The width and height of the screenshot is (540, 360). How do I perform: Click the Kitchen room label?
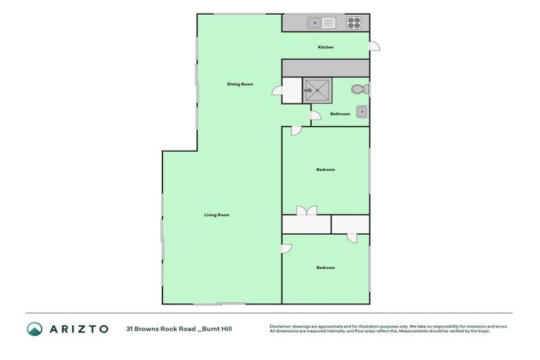coord(326,47)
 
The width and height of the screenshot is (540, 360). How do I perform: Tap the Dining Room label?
coord(240,84)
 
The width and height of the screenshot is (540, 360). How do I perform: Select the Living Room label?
coord(217,214)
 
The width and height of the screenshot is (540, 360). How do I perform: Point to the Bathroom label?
coord(340,114)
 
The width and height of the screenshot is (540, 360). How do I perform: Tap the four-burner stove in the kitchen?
coord(354,23)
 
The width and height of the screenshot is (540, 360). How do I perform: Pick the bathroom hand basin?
coord(361,111)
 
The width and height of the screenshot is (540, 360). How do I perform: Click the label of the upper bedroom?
coord(326,169)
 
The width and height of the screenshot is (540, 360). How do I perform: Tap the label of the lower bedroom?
coord(326,267)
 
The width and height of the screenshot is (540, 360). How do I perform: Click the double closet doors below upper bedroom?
coord(307,210)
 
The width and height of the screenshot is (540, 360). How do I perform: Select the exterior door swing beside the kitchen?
coord(375,46)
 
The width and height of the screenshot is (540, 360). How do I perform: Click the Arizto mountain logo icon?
coord(34,328)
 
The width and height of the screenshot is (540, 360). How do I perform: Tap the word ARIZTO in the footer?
coord(79,328)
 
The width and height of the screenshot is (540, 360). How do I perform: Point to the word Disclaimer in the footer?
coord(281,326)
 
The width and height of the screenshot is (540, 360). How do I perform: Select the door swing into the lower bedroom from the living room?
coord(286,248)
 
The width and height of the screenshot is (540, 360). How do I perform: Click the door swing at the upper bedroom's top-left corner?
coord(297,131)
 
